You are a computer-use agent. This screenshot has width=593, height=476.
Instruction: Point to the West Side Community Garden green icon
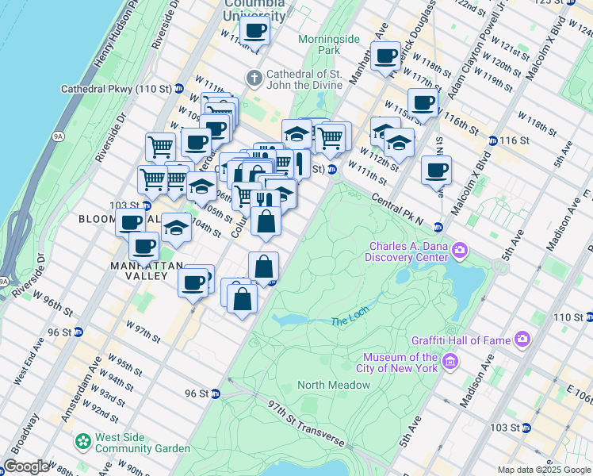82,440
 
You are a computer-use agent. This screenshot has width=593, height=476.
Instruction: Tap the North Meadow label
333,386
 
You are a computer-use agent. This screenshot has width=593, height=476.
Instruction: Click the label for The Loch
350,321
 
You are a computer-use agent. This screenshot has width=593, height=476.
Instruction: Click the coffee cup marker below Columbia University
254,31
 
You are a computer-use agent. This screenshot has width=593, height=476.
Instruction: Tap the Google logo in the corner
26,466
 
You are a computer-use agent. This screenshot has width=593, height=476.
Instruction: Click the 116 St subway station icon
492,140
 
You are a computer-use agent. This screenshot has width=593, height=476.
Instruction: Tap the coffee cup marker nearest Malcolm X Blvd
435,169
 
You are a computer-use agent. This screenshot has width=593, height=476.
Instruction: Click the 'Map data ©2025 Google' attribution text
543,470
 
